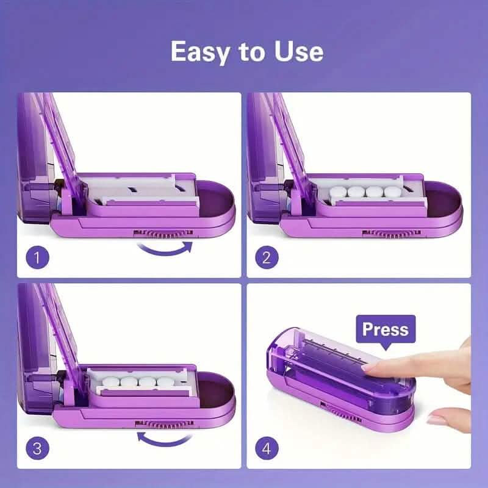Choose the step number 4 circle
(266, 449)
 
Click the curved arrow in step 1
(165, 248)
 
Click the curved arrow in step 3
(162, 437)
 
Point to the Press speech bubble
(385, 330)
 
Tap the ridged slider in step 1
(163, 232)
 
